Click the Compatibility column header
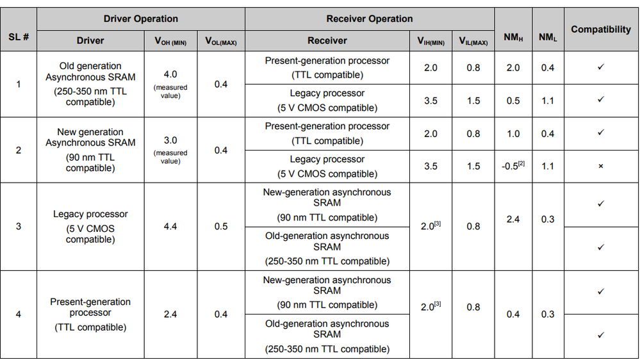601,29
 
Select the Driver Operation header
141,19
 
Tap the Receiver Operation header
370,19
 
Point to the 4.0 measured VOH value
170,74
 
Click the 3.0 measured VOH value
170,140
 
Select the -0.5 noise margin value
513,166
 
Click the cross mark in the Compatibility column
601,167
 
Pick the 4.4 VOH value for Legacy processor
170,227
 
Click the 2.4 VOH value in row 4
170,315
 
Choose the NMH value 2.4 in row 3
513,219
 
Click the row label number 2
19,150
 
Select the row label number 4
19,315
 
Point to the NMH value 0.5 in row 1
513,101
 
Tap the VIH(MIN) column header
431,42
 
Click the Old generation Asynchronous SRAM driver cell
90,83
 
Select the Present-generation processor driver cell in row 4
90,314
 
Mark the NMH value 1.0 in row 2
513,133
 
